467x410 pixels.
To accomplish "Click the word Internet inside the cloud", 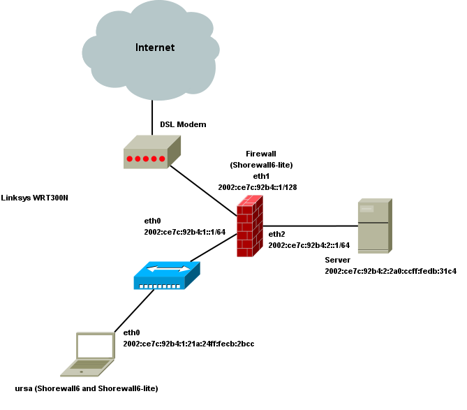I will tap(154, 47).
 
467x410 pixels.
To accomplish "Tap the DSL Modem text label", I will tap(183, 124).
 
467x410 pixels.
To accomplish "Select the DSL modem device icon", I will tap(151, 153).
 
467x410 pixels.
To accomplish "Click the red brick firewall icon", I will tap(249, 226).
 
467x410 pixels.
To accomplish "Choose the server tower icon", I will tap(374, 226).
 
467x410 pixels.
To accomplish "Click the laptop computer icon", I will tap(88, 354).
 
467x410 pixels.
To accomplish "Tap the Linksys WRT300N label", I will tap(35, 198).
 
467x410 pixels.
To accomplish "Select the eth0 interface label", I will tap(152, 219).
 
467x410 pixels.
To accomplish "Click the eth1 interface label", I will tap(261, 176).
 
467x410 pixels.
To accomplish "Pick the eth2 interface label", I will tap(277, 234).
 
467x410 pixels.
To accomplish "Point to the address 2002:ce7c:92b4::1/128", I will tap(258, 187).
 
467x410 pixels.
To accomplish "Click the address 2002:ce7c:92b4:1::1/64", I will tap(184, 231).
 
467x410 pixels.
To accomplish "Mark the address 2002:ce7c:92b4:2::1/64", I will tap(309, 245).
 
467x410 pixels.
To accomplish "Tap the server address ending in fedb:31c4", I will tap(390, 270).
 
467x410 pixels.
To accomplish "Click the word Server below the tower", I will tap(337, 259).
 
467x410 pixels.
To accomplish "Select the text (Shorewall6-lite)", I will tap(261, 165).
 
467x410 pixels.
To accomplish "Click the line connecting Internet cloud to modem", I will tap(152, 115).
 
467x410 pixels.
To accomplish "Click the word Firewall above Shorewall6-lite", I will tap(262, 153).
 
